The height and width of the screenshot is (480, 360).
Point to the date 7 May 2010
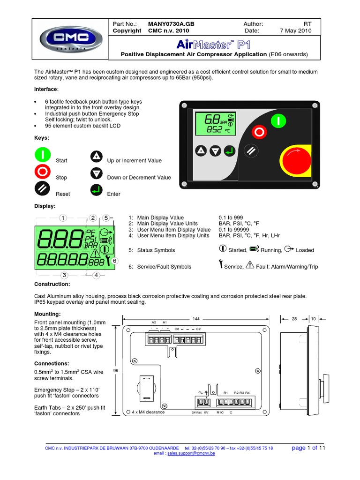(295, 31)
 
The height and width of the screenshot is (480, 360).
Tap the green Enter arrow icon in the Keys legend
(97, 190)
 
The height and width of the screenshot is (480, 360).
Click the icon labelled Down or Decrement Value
(97, 174)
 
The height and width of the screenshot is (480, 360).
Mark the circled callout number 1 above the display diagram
(63, 217)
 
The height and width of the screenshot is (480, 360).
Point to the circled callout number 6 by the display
(114, 260)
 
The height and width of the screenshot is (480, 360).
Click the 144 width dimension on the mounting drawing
(196, 318)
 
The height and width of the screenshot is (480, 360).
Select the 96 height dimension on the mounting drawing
(115, 370)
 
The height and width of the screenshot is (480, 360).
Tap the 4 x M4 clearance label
(145, 412)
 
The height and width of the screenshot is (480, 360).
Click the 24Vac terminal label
(196, 413)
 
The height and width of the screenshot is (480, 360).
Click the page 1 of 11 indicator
(308, 448)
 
